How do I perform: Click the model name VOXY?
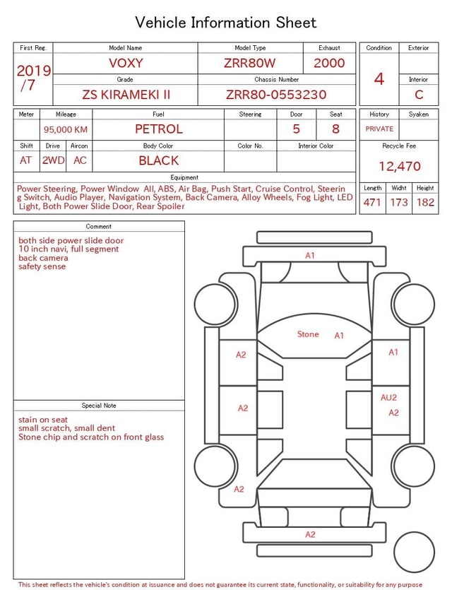pyautogui.click(x=126, y=63)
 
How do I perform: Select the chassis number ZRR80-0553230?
pyautogui.click(x=276, y=95)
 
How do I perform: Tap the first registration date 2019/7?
pyautogui.click(x=33, y=78)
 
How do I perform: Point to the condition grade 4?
pyautogui.click(x=379, y=79)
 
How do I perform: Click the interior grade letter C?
pyautogui.click(x=419, y=95)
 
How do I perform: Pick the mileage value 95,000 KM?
pyautogui.click(x=66, y=129)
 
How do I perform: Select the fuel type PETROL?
pyautogui.click(x=158, y=129)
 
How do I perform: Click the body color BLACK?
pyautogui.click(x=158, y=160)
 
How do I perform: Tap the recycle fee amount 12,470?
pyautogui.click(x=399, y=166)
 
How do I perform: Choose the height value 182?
pyautogui.click(x=425, y=202)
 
